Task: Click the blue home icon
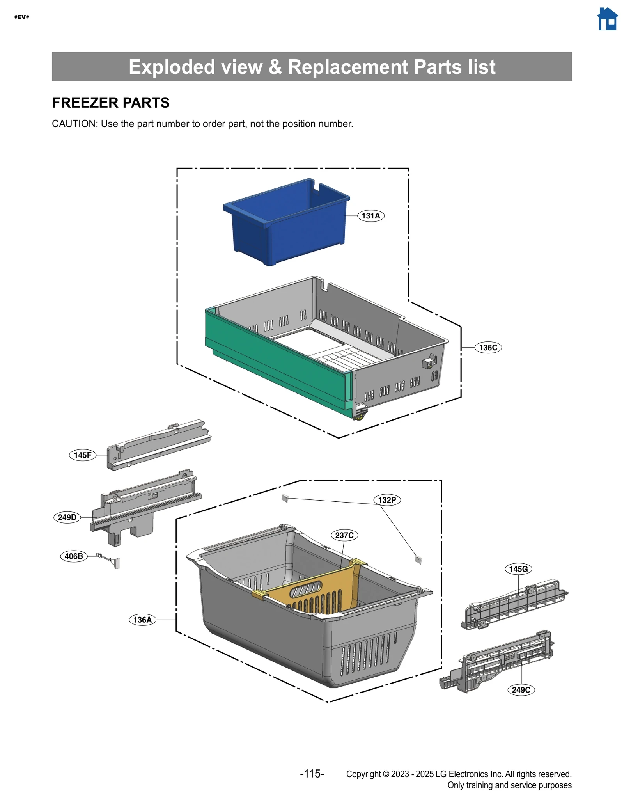tap(607, 19)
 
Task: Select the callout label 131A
tap(370, 216)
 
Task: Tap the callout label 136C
tap(488, 348)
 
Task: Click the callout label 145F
tap(83, 455)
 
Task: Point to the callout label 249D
tap(67, 517)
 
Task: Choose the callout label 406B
tap(74, 556)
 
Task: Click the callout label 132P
tap(387, 500)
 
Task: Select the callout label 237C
tap(344, 535)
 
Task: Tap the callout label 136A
tap(142, 620)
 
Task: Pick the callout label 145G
tap(518, 569)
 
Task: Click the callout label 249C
tap(521, 690)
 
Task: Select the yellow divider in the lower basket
tap(312, 585)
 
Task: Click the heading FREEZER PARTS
tap(111, 103)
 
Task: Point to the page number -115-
tap(312, 774)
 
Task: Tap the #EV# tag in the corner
tap(21, 17)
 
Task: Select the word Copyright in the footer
tap(363, 774)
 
